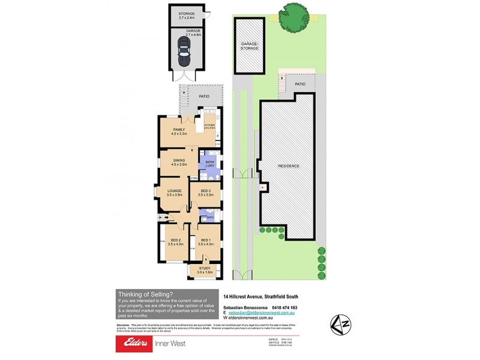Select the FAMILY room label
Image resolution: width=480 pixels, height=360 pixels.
(179, 130)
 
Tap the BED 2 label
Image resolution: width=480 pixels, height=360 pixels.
(175, 240)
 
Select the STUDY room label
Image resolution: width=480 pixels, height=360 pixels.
(205, 269)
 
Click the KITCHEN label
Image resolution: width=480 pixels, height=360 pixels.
(209, 125)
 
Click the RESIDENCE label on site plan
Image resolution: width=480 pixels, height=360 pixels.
(289, 166)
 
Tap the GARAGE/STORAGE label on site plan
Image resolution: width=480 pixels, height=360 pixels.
(250, 46)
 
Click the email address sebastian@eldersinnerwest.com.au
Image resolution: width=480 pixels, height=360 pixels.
(262, 313)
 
